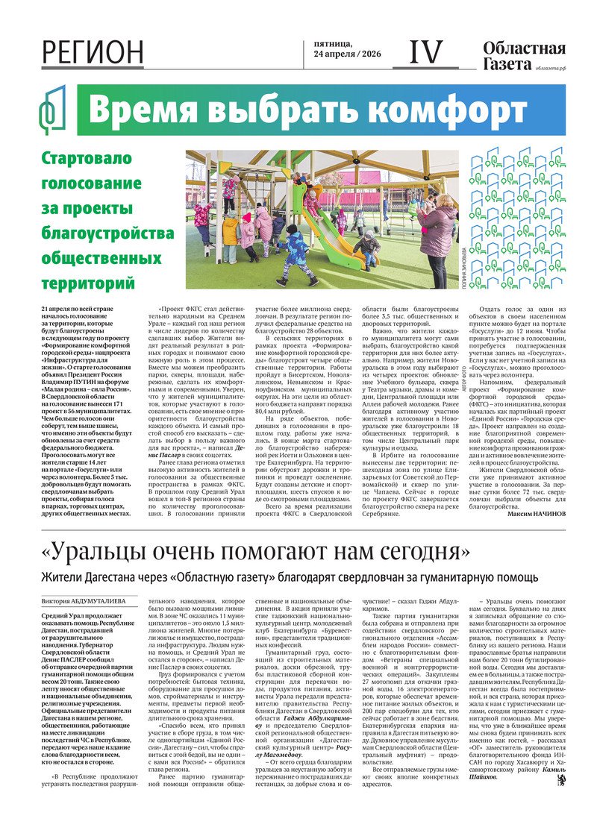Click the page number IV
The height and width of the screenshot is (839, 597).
click(427, 52)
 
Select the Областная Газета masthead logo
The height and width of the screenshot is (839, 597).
click(523, 56)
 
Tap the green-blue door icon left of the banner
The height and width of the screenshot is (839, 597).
click(53, 110)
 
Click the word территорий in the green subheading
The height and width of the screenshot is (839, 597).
click(88, 284)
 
